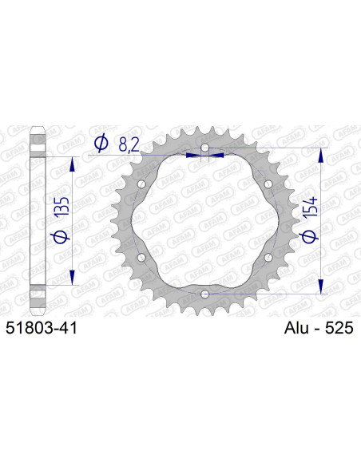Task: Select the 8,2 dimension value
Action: click(x=133, y=144)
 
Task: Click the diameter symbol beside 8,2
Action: click(x=102, y=144)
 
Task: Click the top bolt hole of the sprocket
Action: click(x=205, y=149)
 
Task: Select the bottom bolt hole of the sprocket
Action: click(x=205, y=294)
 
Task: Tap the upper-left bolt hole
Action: click(x=142, y=186)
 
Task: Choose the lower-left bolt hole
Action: click(x=142, y=258)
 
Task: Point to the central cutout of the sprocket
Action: click(x=205, y=222)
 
